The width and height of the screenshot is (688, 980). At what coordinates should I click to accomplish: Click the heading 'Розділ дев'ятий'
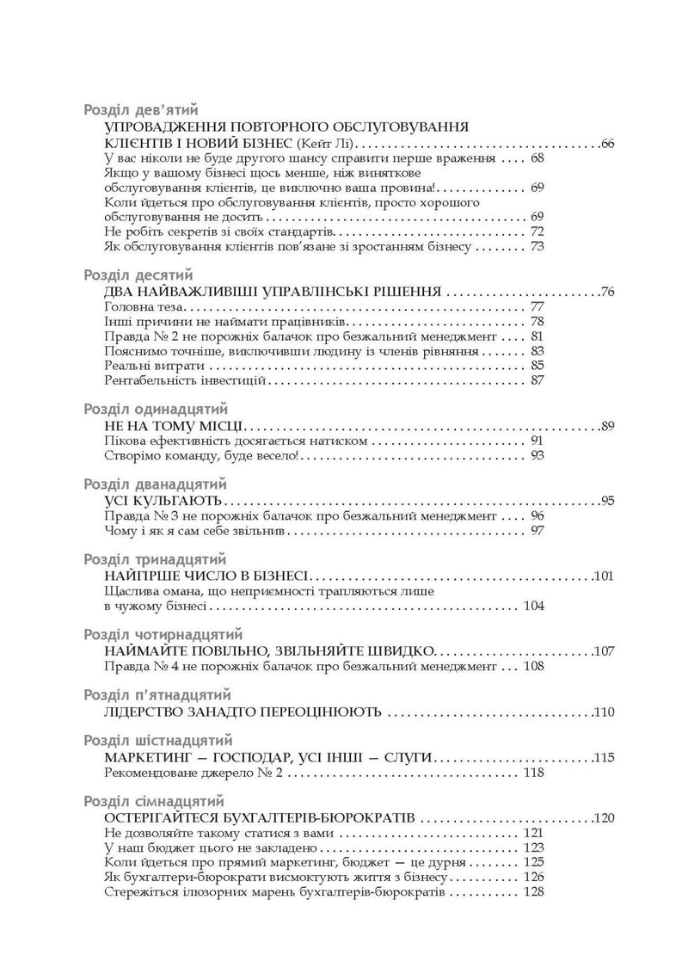tap(142, 109)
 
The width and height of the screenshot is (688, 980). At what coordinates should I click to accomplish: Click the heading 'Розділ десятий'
tap(140, 274)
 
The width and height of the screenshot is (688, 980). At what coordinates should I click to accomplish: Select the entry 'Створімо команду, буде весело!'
tap(200, 455)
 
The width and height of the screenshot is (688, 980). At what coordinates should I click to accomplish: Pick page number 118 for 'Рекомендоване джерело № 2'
tap(533, 774)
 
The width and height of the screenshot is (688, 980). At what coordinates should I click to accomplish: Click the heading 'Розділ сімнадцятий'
tap(154, 801)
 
